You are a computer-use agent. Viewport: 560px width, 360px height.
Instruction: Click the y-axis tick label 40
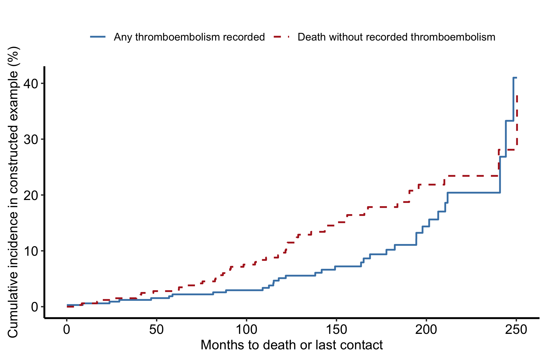(x=31, y=84)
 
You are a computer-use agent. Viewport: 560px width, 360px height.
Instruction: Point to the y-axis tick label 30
(x=31, y=139)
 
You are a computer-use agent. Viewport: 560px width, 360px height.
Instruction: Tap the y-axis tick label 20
(x=31, y=195)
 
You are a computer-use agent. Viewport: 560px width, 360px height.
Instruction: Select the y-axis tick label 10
(x=31, y=251)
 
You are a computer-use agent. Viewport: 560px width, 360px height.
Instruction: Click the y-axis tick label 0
(x=34, y=307)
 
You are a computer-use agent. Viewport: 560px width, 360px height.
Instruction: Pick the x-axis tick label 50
(x=157, y=330)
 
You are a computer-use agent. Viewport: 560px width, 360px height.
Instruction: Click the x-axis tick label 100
(x=246, y=330)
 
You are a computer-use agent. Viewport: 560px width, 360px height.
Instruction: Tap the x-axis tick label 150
(x=336, y=330)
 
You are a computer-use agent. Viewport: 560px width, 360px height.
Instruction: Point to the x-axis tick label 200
(x=426, y=330)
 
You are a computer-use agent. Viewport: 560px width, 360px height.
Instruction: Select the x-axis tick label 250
(x=516, y=330)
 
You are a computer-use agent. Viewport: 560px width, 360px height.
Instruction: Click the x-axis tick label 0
(x=67, y=330)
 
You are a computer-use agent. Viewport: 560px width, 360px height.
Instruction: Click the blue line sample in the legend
(x=98, y=37)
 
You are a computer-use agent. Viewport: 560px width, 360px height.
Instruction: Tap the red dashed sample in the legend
(x=282, y=37)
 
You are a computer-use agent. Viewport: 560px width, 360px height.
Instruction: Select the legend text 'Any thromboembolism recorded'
(x=189, y=37)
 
